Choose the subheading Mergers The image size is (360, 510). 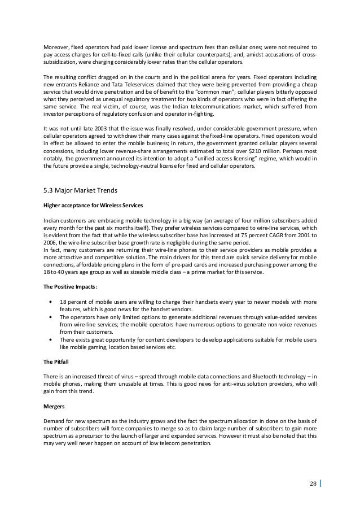click(x=55, y=406)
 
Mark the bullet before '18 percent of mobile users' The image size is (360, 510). click(x=52, y=303)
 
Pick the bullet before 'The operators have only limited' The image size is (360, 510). click(x=52, y=318)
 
